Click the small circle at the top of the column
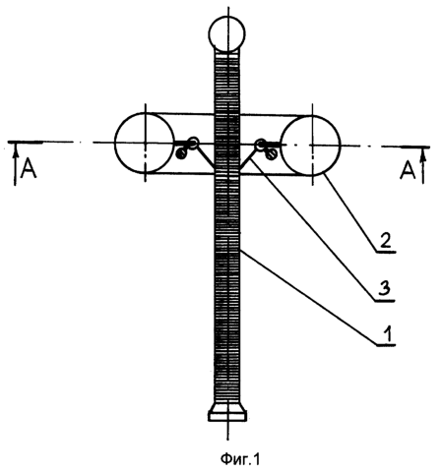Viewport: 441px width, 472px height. tap(227, 19)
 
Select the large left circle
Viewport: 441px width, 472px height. tap(115, 143)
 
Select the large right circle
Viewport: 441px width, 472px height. tap(340, 146)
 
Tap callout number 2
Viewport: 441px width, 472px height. tap(385, 240)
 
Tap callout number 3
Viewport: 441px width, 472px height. tap(385, 289)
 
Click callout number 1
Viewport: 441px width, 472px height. tap(388, 334)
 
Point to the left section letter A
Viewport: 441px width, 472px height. tap(29, 169)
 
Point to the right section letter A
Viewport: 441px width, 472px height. tap(408, 171)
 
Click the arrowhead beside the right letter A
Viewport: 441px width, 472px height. tap(423, 155)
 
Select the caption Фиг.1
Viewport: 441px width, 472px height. tap(240, 459)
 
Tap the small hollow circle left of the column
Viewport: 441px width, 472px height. tap(193, 143)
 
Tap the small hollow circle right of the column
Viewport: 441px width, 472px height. tap(261, 144)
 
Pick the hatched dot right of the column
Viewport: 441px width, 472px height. tap(271, 154)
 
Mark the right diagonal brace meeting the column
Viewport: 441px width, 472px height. tap(248, 159)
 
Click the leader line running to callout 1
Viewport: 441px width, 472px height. tap(308, 297)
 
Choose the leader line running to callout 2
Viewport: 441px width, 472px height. tap(351, 213)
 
